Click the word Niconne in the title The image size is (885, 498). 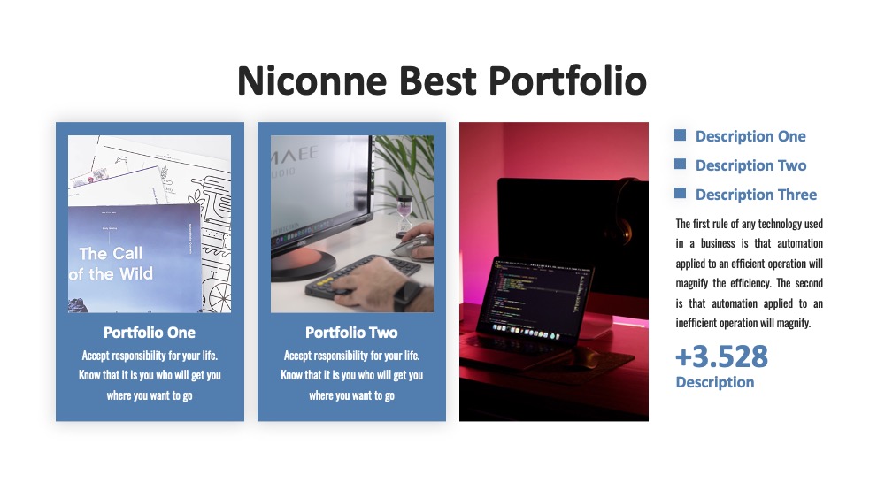(312, 80)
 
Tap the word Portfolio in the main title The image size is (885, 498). (567, 80)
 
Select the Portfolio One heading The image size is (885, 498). (150, 333)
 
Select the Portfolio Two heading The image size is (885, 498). (351, 333)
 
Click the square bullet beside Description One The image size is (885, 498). (680, 134)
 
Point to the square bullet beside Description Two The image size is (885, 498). (680, 165)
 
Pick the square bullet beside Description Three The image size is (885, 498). (680, 194)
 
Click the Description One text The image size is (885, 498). (750, 136)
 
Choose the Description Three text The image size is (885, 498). (757, 195)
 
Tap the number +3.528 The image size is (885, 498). (722, 356)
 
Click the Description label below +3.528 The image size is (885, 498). (715, 382)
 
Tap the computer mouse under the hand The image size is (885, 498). (411, 247)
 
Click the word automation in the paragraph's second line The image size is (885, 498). (800, 243)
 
